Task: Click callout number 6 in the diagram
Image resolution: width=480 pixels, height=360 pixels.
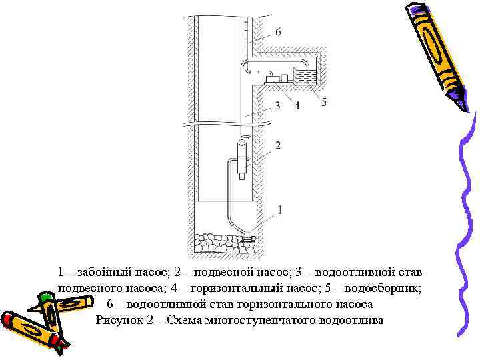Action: tap(277, 31)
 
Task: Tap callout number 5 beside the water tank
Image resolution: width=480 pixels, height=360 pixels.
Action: tap(323, 101)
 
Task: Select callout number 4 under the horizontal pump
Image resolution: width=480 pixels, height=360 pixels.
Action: tap(296, 105)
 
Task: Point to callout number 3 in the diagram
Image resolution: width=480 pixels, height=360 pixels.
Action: tap(276, 105)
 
